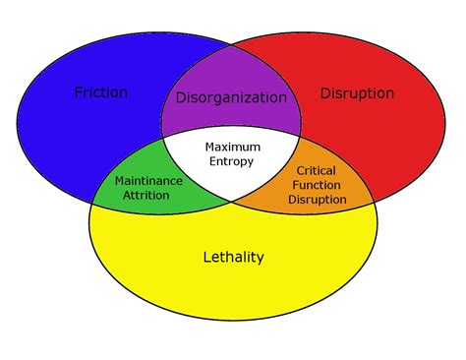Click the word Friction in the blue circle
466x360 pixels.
pos(101,92)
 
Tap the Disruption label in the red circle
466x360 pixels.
pos(357,93)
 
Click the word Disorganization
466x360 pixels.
pos(231,97)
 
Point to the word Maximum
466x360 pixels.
pos(232,148)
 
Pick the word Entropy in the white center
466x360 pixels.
pos(232,161)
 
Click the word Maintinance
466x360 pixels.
pos(148,181)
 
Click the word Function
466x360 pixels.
pos(318,185)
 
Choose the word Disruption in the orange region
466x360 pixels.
pos(318,199)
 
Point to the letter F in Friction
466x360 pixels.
pos(79,92)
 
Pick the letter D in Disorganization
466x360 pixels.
pos(181,97)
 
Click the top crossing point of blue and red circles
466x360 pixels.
pos(232,44)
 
